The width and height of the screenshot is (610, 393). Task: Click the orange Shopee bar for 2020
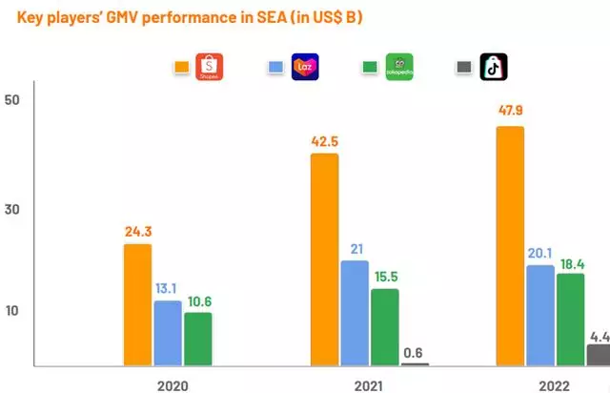point(136,304)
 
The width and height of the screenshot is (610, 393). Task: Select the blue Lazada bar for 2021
point(355,313)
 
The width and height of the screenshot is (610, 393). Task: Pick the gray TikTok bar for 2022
point(599,355)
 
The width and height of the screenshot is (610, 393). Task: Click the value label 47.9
point(510,111)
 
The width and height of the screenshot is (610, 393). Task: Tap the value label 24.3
point(137,230)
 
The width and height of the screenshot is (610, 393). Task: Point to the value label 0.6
point(415,349)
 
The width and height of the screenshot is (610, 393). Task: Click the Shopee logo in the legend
point(209,67)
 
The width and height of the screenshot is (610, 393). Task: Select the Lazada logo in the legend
point(305,67)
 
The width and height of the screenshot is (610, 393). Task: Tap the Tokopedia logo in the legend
point(398,67)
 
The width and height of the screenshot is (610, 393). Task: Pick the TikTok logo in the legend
point(493,67)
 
